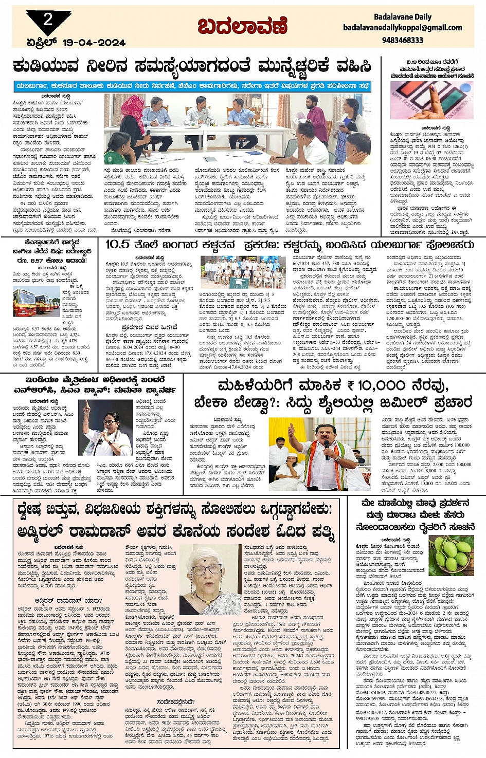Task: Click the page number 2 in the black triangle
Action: pos(48,20)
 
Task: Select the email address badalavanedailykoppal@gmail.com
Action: pos(402,28)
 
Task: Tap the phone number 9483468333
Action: pos(403,40)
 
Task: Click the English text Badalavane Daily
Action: pos(403,17)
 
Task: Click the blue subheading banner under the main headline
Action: pos(192,86)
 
